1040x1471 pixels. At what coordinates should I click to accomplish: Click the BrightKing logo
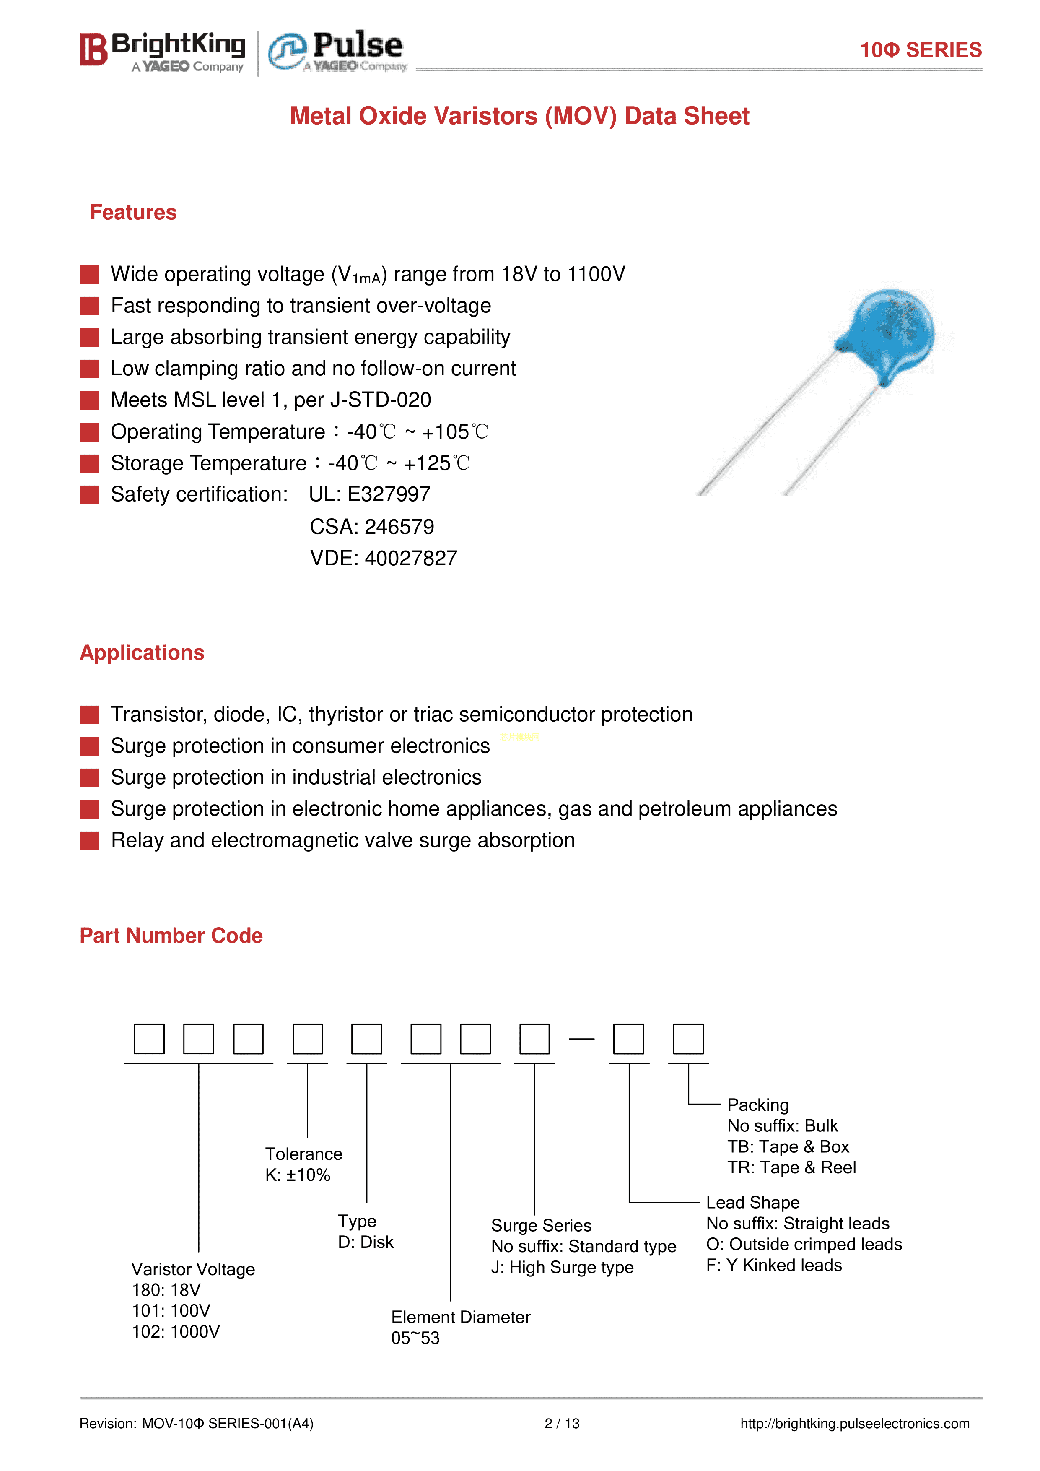[x=163, y=51]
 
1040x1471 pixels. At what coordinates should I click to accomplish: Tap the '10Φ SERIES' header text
[x=920, y=50]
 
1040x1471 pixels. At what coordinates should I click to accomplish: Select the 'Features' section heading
[x=133, y=213]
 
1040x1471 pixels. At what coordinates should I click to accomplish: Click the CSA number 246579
[x=399, y=527]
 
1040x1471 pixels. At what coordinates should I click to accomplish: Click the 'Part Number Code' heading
[x=171, y=936]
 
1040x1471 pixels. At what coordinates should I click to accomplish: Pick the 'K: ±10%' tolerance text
[x=298, y=1175]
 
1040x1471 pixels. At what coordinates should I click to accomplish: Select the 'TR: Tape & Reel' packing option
[x=791, y=1167]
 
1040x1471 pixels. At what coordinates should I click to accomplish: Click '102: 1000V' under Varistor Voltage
[x=176, y=1332]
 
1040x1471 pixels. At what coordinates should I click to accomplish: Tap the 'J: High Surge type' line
[x=562, y=1267]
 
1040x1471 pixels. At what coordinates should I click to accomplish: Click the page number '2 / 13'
[x=562, y=1424]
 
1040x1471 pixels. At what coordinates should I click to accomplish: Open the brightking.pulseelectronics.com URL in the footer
[x=854, y=1424]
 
